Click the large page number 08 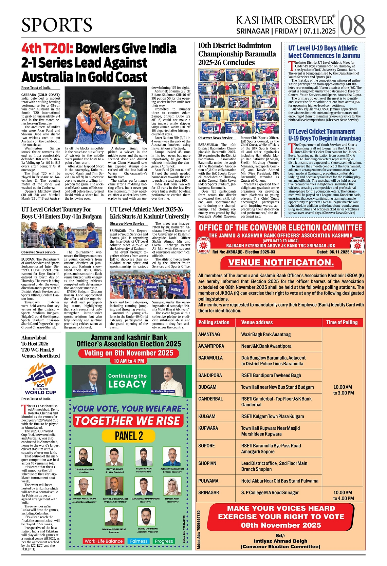tap(352, 25)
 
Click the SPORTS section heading tap(57, 25)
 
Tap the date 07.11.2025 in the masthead tap(319, 31)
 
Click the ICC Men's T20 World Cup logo tap(40, 379)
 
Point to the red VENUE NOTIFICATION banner tap(280, 263)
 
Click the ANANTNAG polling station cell tap(209, 335)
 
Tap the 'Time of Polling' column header tap(342, 322)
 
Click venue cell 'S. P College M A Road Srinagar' tap(270, 492)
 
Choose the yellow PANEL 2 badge tap(129, 436)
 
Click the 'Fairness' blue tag tap(139, 541)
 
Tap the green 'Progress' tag tap(164, 541)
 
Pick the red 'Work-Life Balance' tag tap(104, 541)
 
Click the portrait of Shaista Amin tap(172, 486)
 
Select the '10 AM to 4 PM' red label tap(129, 361)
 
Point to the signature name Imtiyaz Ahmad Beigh tap(280, 541)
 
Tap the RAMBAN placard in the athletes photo tap(176, 290)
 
